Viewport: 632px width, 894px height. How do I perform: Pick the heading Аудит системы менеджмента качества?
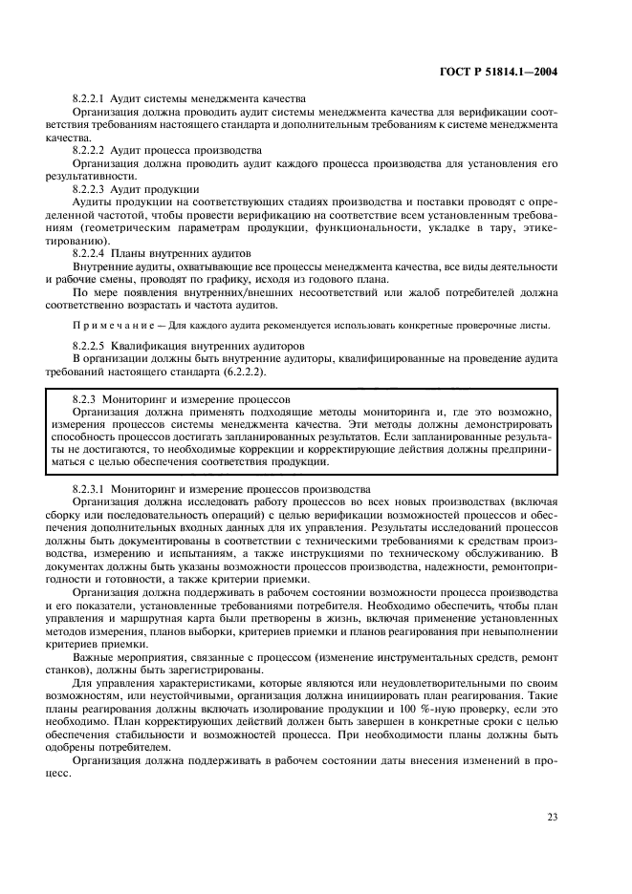point(207,98)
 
